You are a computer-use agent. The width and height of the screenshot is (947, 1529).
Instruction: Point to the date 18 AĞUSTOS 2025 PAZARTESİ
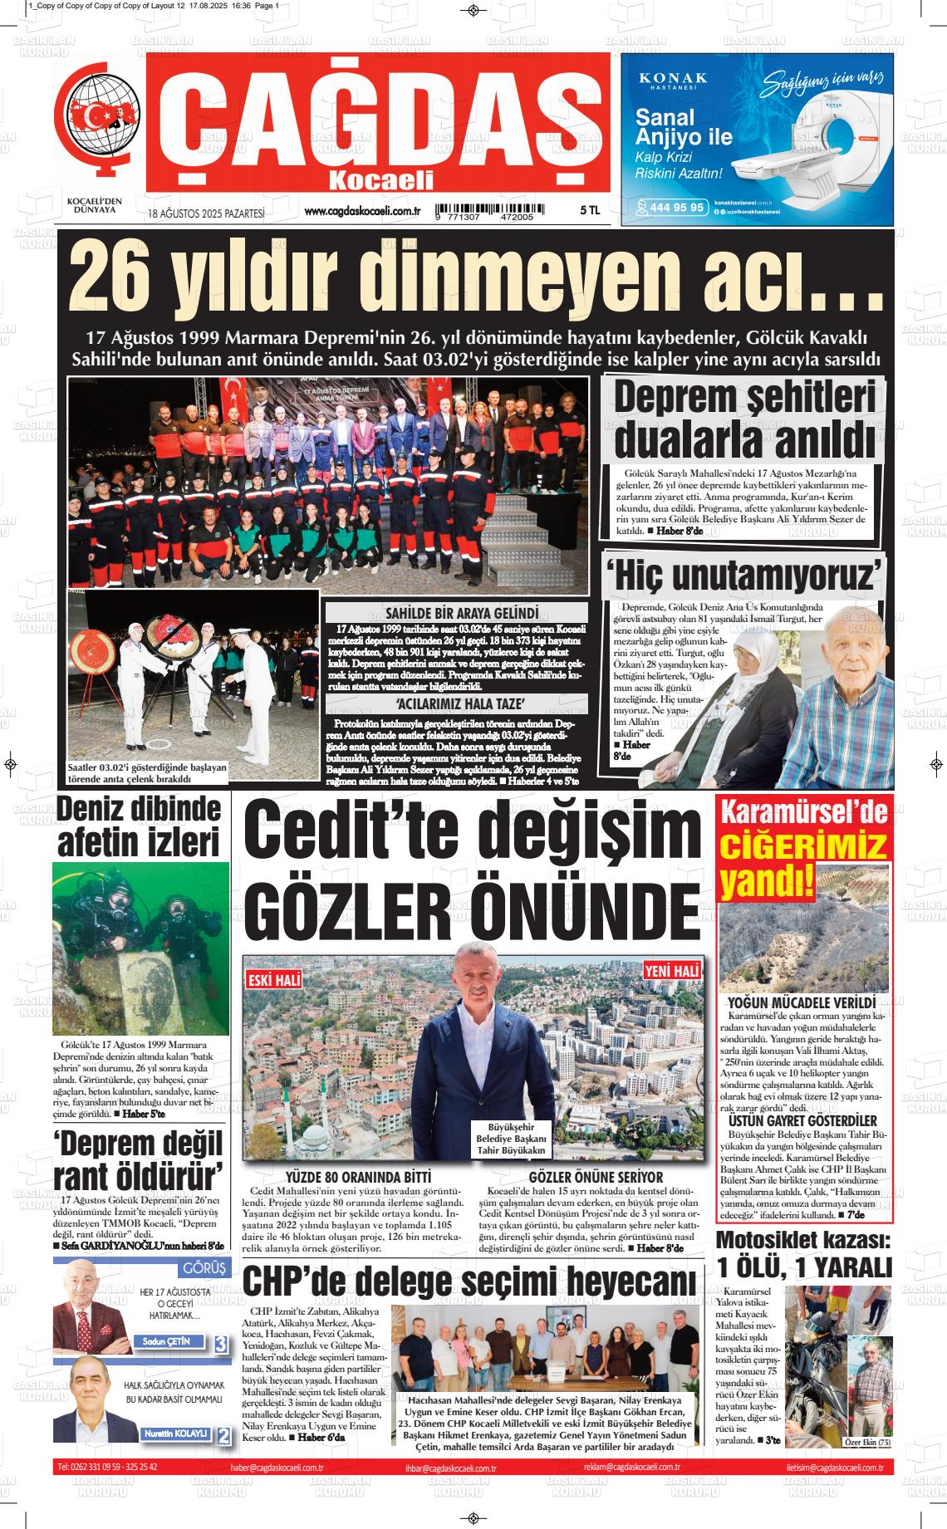[x=206, y=213]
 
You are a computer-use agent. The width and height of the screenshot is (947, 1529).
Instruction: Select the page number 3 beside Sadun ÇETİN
[x=221, y=1345]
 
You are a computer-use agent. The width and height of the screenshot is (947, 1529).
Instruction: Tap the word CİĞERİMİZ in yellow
[x=803, y=846]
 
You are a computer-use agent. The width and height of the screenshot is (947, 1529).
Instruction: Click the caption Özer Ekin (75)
[x=867, y=1442]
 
